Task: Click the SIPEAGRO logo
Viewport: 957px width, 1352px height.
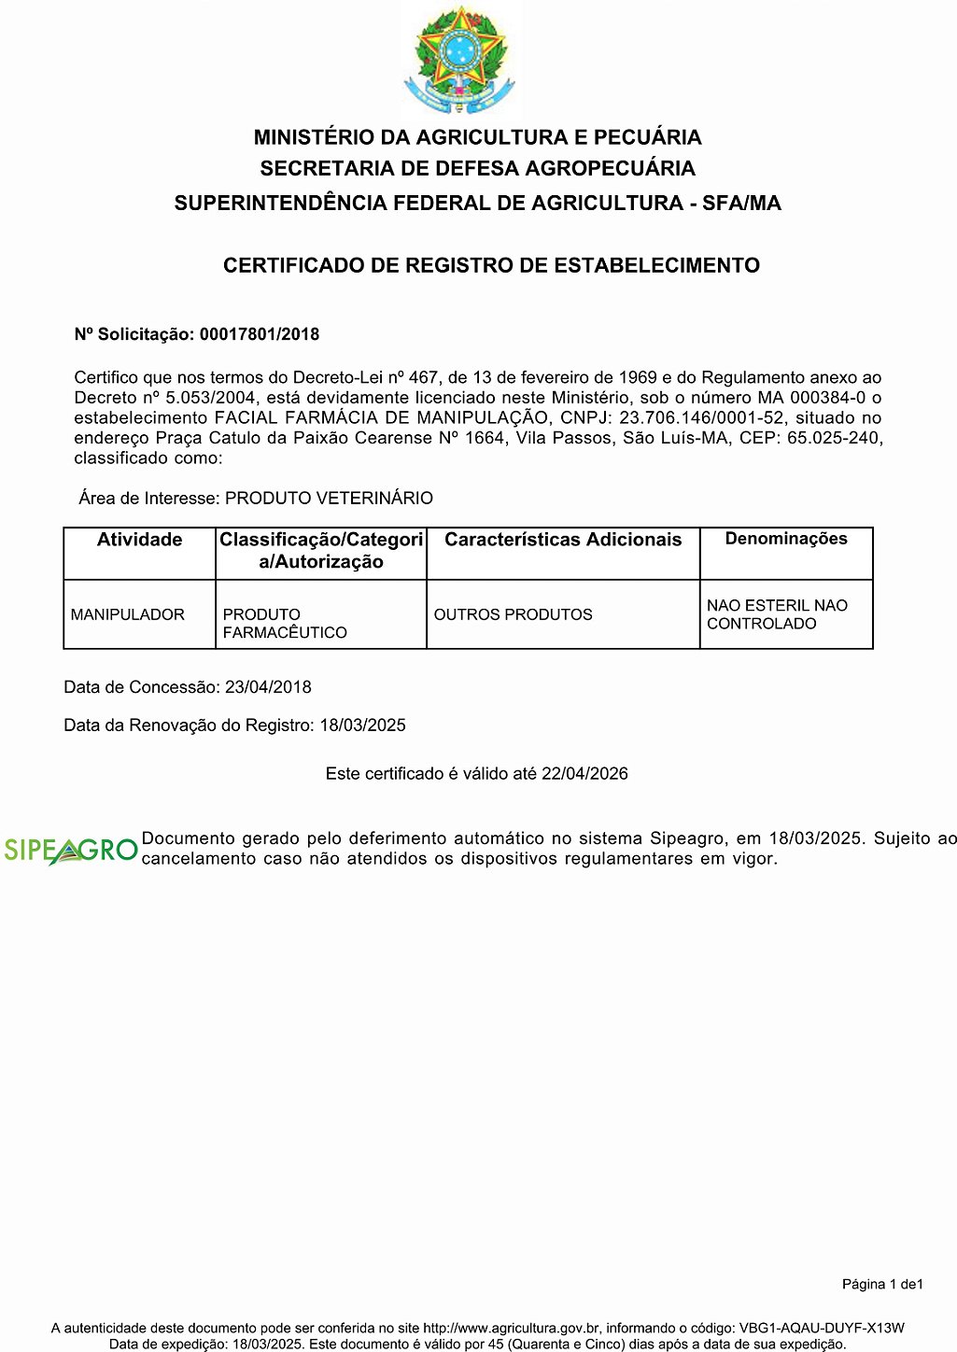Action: pyautogui.click(x=71, y=850)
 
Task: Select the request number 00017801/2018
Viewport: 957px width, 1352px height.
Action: pyautogui.click(x=260, y=334)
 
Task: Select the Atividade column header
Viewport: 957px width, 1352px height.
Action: pyautogui.click(x=139, y=540)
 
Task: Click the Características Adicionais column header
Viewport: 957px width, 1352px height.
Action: pyautogui.click(x=563, y=540)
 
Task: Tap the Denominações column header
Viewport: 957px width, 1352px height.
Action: pyautogui.click(x=786, y=539)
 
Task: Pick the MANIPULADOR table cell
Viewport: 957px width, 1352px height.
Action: pyautogui.click(x=128, y=614)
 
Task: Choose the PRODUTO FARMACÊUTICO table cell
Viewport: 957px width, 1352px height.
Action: pyautogui.click(x=284, y=624)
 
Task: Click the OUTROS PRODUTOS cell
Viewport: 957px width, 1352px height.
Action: pyautogui.click(x=513, y=614)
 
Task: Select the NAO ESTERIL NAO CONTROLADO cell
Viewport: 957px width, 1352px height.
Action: pyautogui.click(x=777, y=614)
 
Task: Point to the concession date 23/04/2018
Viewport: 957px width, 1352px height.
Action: pyautogui.click(x=268, y=687)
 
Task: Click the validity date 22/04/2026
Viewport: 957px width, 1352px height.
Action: pyautogui.click(x=584, y=774)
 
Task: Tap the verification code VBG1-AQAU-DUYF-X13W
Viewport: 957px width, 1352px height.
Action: pyautogui.click(x=822, y=1328)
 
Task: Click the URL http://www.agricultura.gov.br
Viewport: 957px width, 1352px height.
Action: pyautogui.click(x=511, y=1328)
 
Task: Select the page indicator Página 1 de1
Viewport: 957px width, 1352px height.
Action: pyautogui.click(x=882, y=1285)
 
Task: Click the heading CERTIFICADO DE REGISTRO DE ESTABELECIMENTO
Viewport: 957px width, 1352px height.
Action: pyautogui.click(x=491, y=266)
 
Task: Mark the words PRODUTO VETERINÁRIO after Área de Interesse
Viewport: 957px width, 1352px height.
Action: pyautogui.click(x=329, y=499)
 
